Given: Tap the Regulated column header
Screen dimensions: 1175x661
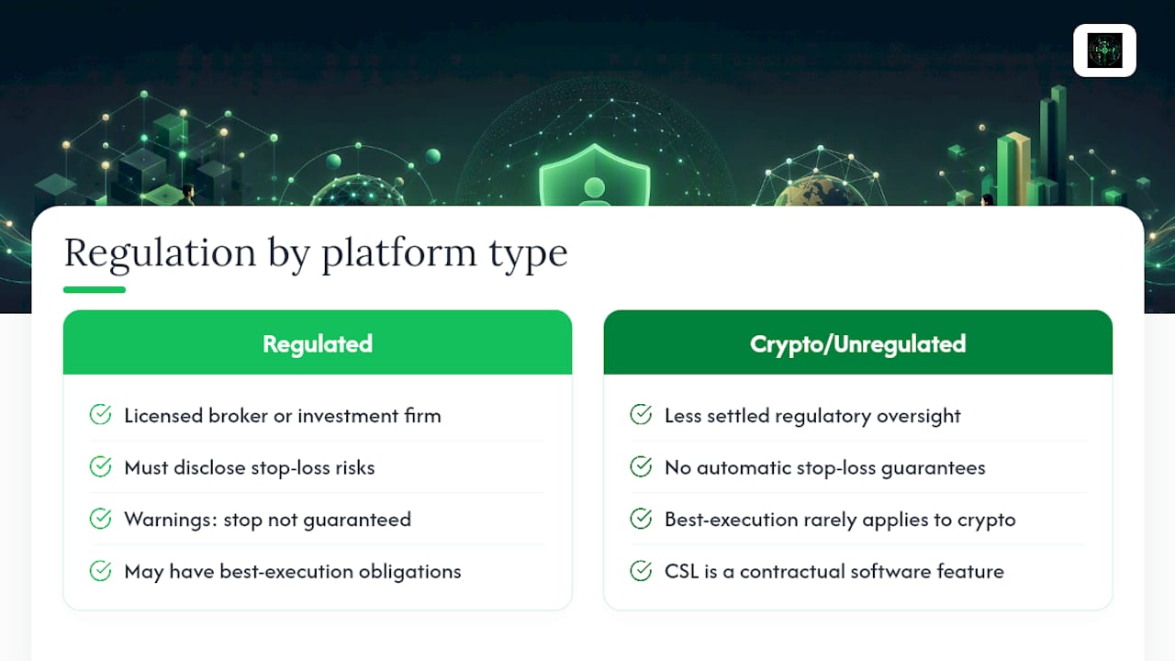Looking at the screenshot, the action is [x=318, y=342].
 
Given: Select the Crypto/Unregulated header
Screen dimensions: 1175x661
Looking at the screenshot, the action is [x=857, y=342].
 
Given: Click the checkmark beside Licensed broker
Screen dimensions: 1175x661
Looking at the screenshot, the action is [x=100, y=414].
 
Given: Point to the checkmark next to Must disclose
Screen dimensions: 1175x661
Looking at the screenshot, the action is [x=100, y=466].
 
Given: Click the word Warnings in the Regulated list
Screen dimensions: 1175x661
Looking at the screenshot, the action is [x=171, y=520].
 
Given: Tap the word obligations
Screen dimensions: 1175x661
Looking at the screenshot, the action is [x=409, y=572].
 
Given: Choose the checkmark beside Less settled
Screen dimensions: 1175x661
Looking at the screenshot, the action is [x=641, y=414].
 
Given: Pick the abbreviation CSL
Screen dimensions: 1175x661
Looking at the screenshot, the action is [x=681, y=571].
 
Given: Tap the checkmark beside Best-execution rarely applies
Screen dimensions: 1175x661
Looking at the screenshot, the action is [x=641, y=519].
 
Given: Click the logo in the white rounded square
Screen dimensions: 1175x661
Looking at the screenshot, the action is [x=1104, y=50].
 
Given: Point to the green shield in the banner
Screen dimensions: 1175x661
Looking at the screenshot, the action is [x=594, y=175].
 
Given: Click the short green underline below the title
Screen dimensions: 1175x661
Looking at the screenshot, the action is [x=95, y=289].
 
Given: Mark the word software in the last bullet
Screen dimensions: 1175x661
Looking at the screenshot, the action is [x=890, y=571].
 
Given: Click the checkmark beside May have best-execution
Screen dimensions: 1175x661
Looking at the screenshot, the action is [x=100, y=570].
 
